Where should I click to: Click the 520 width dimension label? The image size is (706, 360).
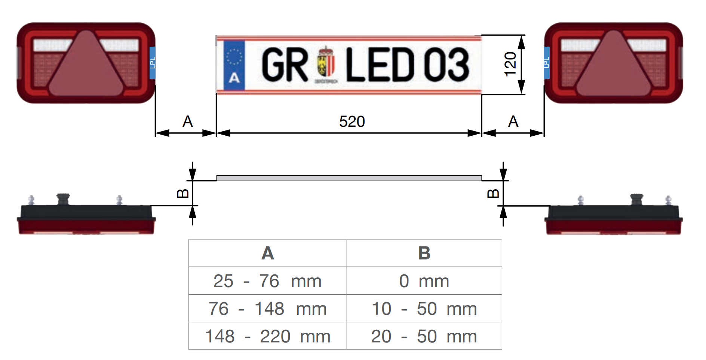(x=352, y=121)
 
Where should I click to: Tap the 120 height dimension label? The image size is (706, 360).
(x=510, y=65)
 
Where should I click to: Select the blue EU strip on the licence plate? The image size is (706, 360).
(x=234, y=65)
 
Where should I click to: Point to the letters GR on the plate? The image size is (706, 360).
(x=285, y=65)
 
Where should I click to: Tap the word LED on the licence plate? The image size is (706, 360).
(x=380, y=65)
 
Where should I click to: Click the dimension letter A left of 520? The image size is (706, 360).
(x=187, y=121)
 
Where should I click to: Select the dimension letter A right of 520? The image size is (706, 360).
(x=513, y=121)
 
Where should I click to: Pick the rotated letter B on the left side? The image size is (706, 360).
(x=183, y=193)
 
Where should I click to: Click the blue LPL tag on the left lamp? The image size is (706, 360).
(x=152, y=63)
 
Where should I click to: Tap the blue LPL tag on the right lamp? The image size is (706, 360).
(x=547, y=63)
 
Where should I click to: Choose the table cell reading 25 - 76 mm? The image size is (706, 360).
(x=267, y=281)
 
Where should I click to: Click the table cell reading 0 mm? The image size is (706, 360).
(x=424, y=281)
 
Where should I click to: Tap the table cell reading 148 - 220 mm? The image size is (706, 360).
(x=267, y=336)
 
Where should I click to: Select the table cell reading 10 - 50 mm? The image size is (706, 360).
(x=424, y=308)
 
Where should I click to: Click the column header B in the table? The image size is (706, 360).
(x=424, y=253)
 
